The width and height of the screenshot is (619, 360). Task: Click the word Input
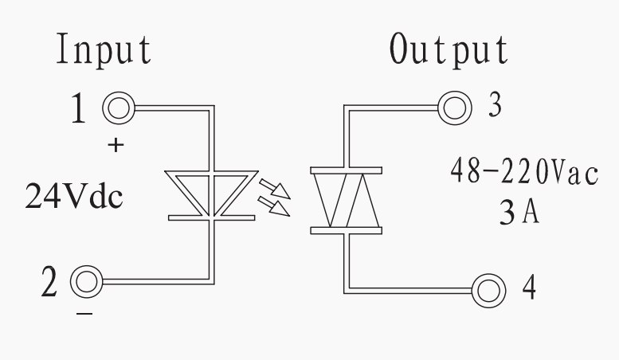coord(103,50)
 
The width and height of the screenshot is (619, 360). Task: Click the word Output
coord(449,50)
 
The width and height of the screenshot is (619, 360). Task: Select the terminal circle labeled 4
coord(488,287)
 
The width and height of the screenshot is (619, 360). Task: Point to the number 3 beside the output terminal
coord(495,107)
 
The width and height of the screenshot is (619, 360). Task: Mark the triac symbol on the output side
coord(345,200)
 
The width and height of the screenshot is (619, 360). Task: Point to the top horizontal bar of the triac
coord(345,169)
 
